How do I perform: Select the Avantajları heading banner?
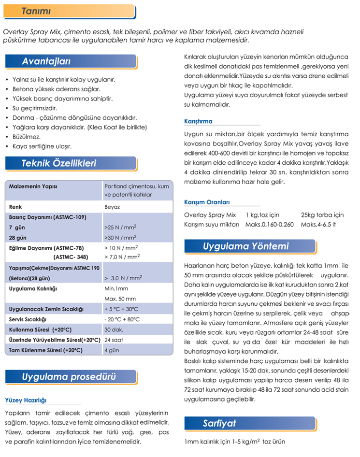(46, 61)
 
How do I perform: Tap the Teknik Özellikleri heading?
(59, 163)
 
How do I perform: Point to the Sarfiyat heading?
(219, 424)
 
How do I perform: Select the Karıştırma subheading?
(198, 121)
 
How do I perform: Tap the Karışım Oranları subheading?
(207, 202)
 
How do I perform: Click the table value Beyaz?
(112, 207)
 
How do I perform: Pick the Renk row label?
(16, 207)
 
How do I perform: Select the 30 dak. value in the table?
(114, 329)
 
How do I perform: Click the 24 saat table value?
(114, 340)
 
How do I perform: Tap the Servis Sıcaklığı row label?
(28, 319)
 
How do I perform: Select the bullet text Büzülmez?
(27, 137)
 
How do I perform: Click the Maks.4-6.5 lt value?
(318, 225)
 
